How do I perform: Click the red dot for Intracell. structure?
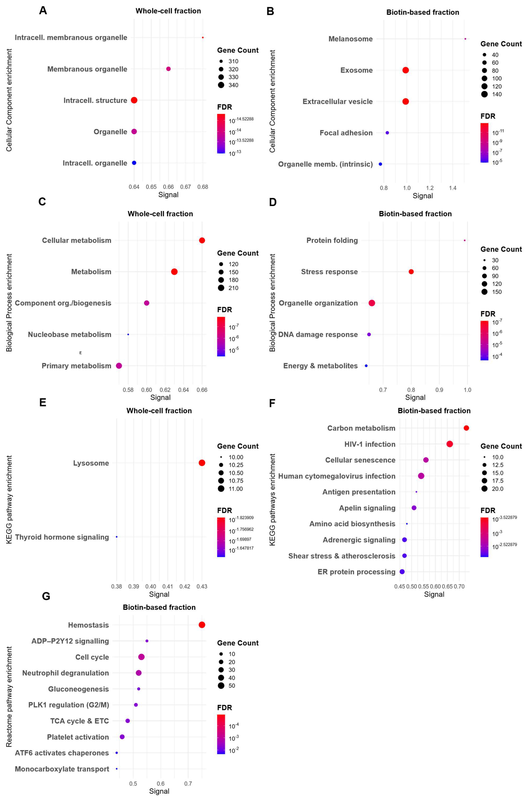click(134, 100)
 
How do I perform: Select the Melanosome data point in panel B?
click(465, 39)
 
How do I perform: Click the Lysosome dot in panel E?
click(202, 463)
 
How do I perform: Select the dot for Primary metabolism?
click(119, 366)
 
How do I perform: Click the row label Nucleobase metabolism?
click(69, 334)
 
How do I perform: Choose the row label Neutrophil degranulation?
click(66, 673)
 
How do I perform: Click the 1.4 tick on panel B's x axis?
click(452, 188)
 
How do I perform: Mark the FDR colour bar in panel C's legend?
click(221, 336)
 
